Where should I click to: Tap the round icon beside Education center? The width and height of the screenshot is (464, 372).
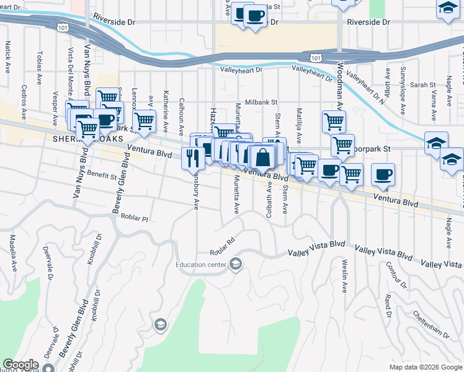[235, 265]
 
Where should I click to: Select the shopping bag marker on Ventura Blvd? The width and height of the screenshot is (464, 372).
[263, 158]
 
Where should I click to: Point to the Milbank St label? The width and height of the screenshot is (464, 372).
[261, 102]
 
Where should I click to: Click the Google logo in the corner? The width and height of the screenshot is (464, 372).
[20, 365]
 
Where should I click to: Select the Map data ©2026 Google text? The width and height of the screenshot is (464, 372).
[425, 367]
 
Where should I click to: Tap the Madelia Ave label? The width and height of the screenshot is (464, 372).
[13, 252]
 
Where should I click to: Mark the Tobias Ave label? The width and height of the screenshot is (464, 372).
[39, 68]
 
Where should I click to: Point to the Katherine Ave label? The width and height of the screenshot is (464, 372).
[166, 110]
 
